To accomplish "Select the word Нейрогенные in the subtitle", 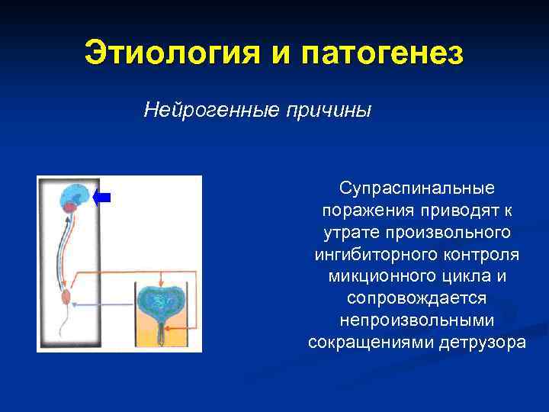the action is tap(211, 111).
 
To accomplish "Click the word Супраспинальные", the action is tap(417, 187).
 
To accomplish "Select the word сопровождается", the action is tap(417, 297).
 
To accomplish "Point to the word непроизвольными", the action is tap(417, 319).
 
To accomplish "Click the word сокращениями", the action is tap(371, 341).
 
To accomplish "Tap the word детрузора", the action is tap(483, 341).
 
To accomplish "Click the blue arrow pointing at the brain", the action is tap(102, 198).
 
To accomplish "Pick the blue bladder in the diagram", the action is tap(161, 301).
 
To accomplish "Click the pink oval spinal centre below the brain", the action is tap(66, 296).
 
